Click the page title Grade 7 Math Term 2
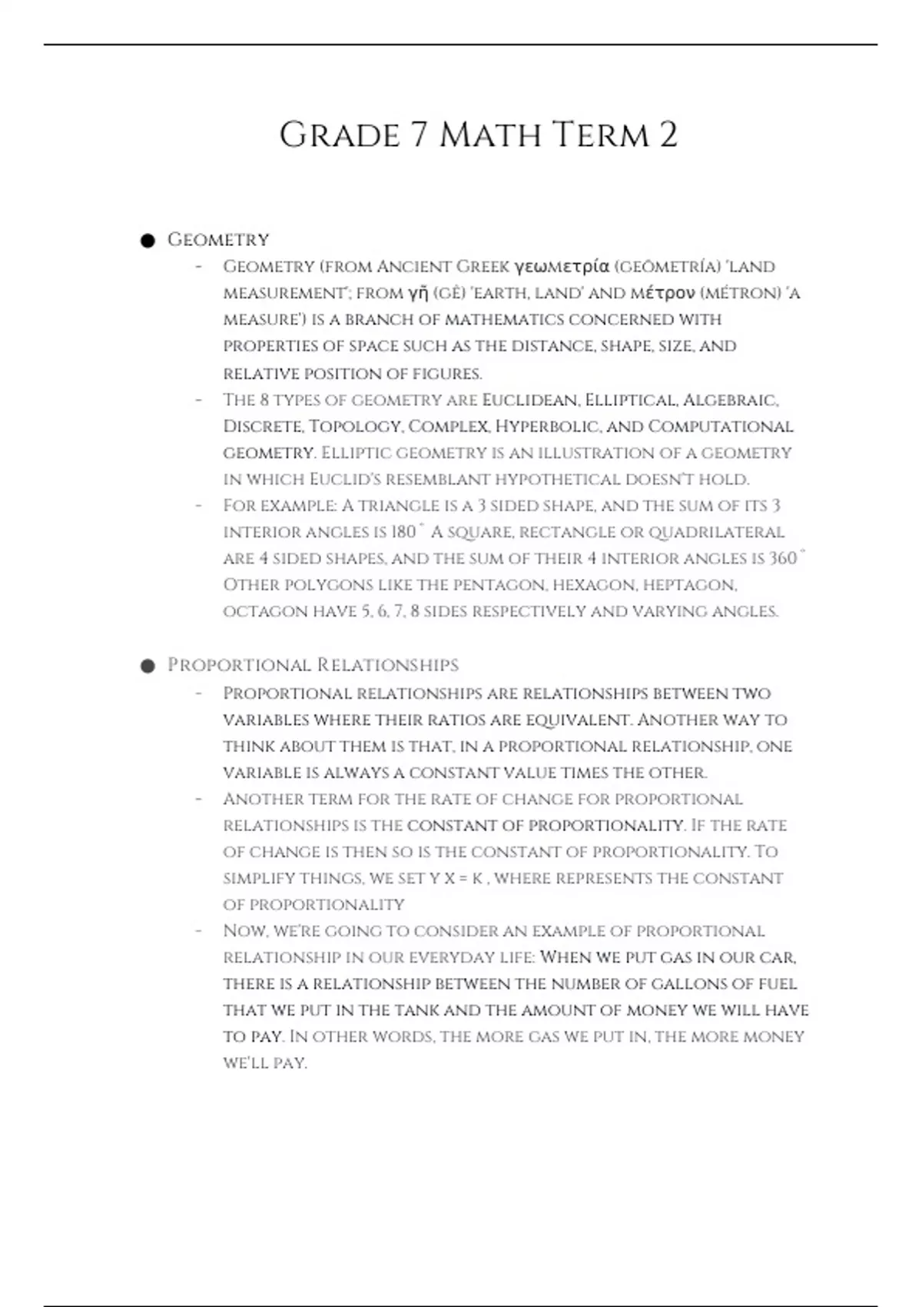click(x=478, y=135)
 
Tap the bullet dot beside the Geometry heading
click(x=148, y=241)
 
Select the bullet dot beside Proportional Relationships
click(x=148, y=666)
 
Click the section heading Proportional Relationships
click(x=313, y=665)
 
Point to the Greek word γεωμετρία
click(x=562, y=267)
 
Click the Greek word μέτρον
click(x=662, y=293)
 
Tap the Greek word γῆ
click(x=417, y=293)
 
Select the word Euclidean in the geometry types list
click(x=529, y=401)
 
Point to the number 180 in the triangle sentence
click(x=403, y=532)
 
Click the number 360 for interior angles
click(x=783, y=558)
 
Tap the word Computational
click(x=720, y=427)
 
